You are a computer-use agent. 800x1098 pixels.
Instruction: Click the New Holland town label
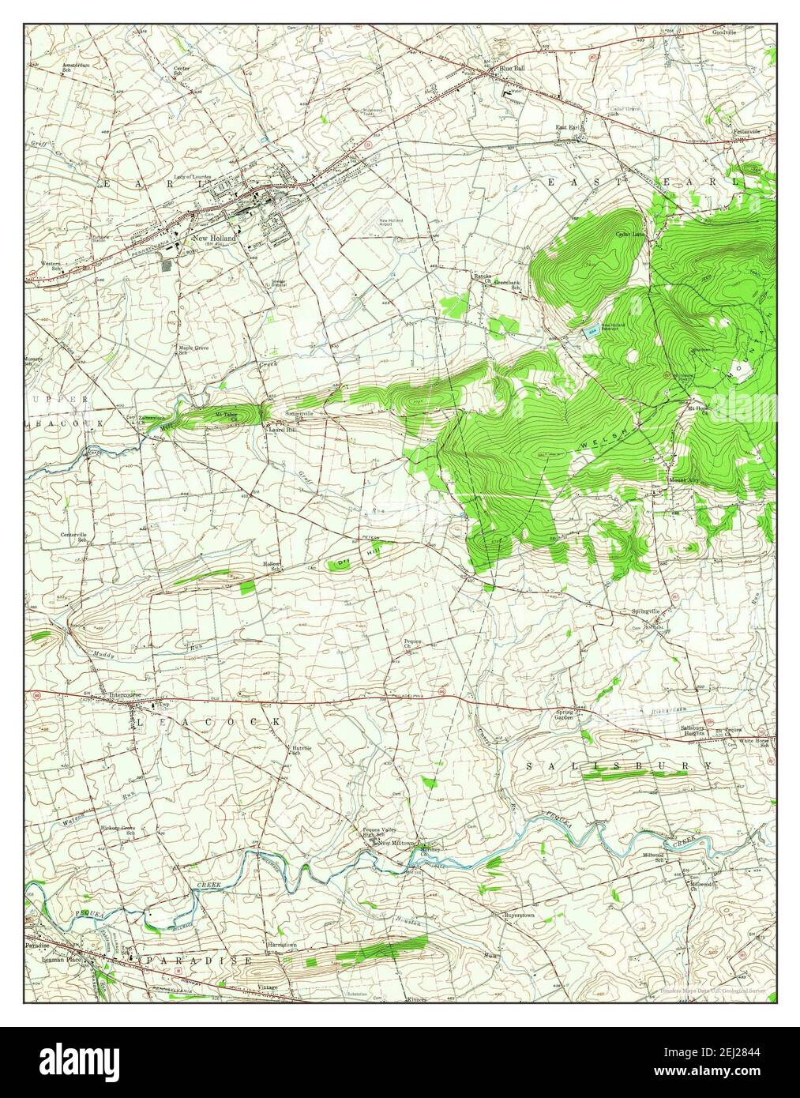(215, 236)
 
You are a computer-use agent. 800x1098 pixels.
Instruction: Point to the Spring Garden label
(563, 715)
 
